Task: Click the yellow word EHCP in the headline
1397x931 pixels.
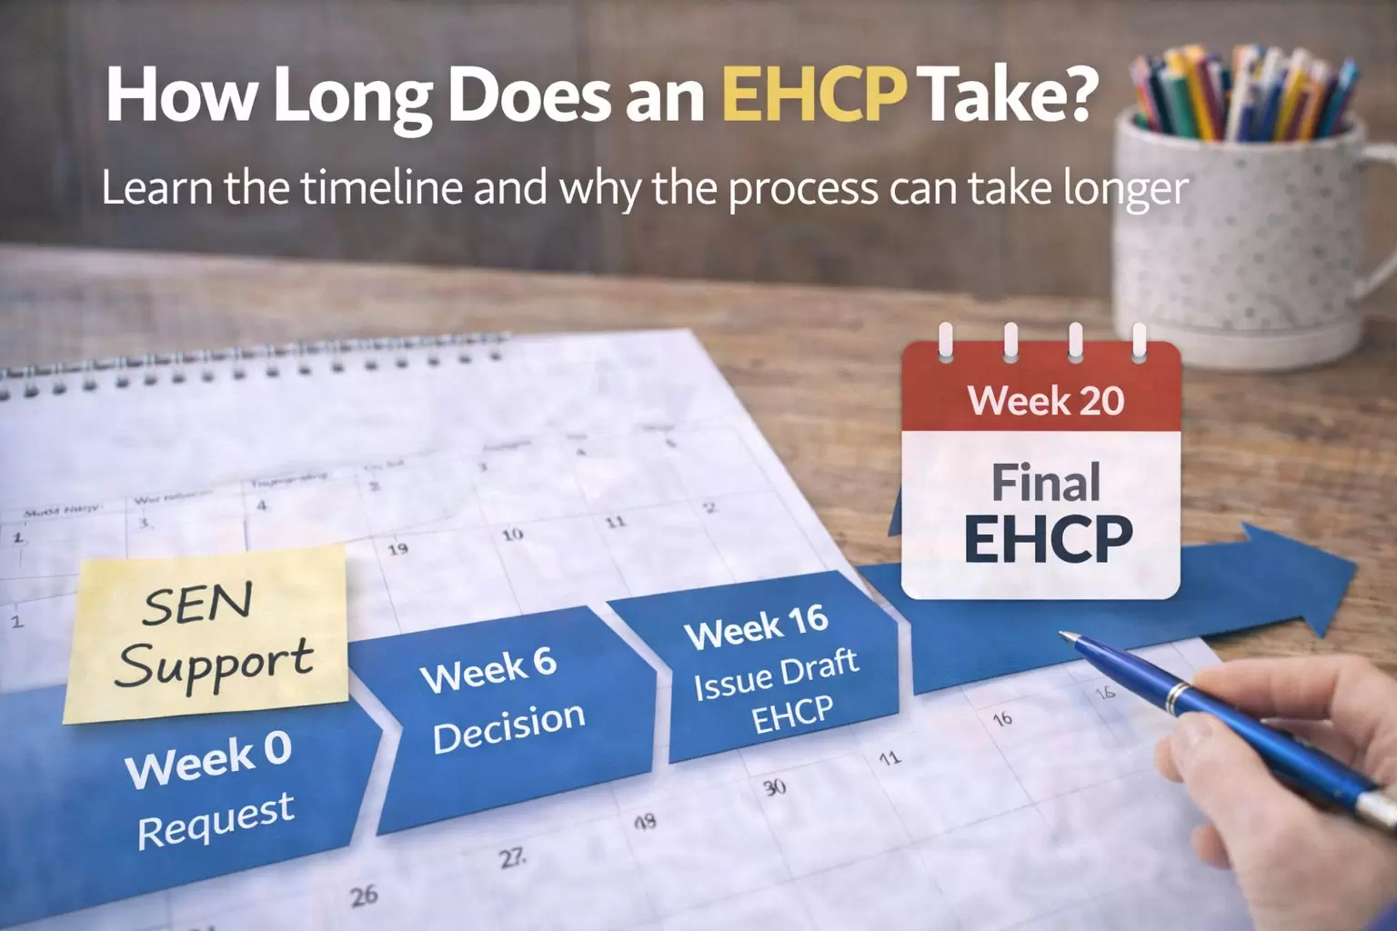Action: (814, 95)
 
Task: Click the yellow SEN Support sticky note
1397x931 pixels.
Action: (207, 634)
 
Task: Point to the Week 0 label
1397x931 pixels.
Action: (209, 759)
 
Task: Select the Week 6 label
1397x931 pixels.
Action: (488, 670)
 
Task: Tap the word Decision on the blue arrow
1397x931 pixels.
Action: (508, 726)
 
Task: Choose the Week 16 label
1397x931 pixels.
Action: (756, 626)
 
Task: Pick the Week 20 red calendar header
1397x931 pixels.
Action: (1045, 400)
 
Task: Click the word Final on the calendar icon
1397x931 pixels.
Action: (1045, 482)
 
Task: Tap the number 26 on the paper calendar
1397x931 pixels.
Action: (364, 896)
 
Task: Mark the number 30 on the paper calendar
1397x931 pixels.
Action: (774, 786)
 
